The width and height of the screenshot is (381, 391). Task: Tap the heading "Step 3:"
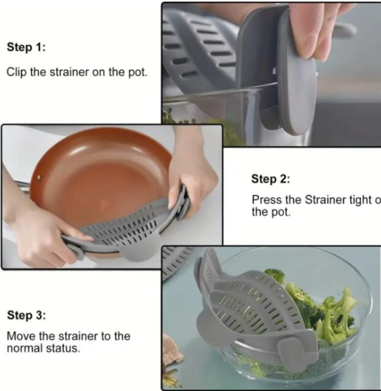[30, 315]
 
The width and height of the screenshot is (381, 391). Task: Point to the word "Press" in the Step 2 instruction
[268, 200]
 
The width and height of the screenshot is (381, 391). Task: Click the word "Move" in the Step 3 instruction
[20, 336]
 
